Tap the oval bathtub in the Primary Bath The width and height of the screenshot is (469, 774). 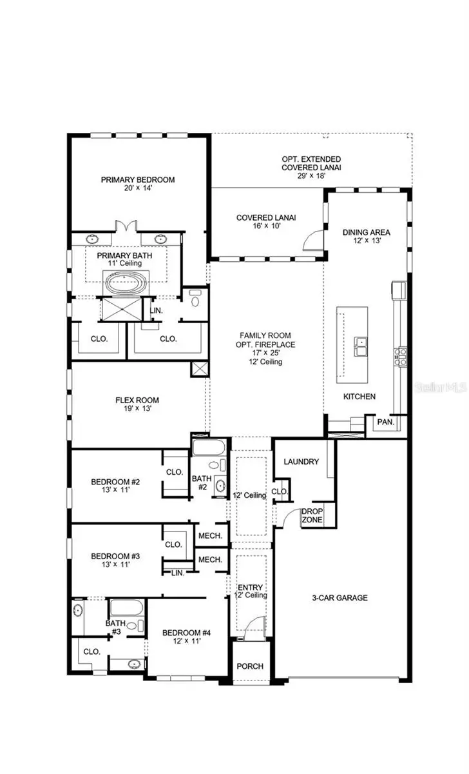[x=127, y=282]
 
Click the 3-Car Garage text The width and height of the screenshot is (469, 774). [x=340, y=598]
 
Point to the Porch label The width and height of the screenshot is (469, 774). [x=250, y=666]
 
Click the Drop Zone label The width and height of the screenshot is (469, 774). [x=312, y=515]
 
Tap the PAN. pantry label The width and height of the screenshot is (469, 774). [x=385, y=422]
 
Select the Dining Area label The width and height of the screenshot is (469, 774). [x=367, y=236]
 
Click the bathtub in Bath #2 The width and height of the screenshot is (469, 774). [x=208, y=448]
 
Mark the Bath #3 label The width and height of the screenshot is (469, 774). [x=115, y=628]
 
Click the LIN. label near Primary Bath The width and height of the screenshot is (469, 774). [x=156, y=310]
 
